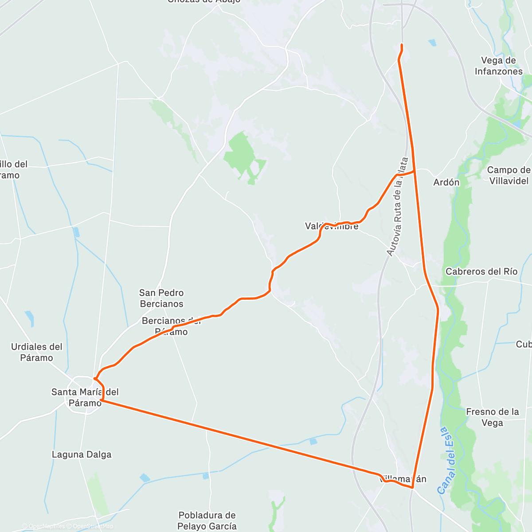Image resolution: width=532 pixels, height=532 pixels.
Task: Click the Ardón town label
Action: [446, 182]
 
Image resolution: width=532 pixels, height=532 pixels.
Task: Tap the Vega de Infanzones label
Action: [498, 66]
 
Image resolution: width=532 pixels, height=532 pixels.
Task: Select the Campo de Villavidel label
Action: [509, 176]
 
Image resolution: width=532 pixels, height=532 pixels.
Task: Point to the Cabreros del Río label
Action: [481, 272]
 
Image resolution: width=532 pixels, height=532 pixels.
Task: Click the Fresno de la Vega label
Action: [492, 417]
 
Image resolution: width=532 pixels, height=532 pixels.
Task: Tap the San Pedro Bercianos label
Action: [161, 298]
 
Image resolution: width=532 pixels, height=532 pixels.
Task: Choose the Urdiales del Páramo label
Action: [37, 352]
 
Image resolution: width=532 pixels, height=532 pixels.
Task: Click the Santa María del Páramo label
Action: [85, 397]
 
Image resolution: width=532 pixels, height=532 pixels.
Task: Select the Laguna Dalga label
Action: [82, 454]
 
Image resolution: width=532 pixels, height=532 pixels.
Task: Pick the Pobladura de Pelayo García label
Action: [207, 521]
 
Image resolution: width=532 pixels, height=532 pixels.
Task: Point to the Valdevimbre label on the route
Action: [332, 227]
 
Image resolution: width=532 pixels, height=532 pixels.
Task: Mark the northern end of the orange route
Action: [402, 45]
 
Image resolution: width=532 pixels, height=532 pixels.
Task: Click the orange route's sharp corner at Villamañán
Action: [412, 488]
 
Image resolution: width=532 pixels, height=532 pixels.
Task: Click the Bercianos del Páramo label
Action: [172, 326]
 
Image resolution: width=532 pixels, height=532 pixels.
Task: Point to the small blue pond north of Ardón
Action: [432, 43]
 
